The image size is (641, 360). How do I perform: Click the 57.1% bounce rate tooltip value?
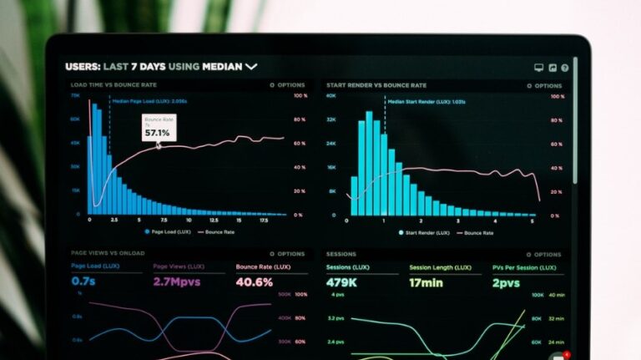[x=157, y=133]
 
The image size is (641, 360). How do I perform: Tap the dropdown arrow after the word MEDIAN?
[x=251, y=66]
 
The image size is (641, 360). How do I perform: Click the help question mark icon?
[x=565, y=68]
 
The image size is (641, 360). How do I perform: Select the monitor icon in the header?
[x=539, y=68]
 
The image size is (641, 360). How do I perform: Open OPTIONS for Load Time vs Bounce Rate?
[x=288, y=85]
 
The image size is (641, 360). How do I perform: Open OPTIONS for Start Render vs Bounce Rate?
[x=545, y=85]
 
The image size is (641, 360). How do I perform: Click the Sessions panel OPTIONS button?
[x=545, y=254]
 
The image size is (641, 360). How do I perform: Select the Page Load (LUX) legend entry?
[x=169, y=231]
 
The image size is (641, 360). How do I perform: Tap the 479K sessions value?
[x=342, y=282]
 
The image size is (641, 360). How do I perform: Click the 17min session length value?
[x=426, y=282]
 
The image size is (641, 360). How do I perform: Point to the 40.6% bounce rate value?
[x=254, y=282]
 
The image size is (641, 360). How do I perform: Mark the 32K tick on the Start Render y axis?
[x=331, y=119]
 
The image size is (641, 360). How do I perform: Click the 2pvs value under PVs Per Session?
[x=506, y=282]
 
